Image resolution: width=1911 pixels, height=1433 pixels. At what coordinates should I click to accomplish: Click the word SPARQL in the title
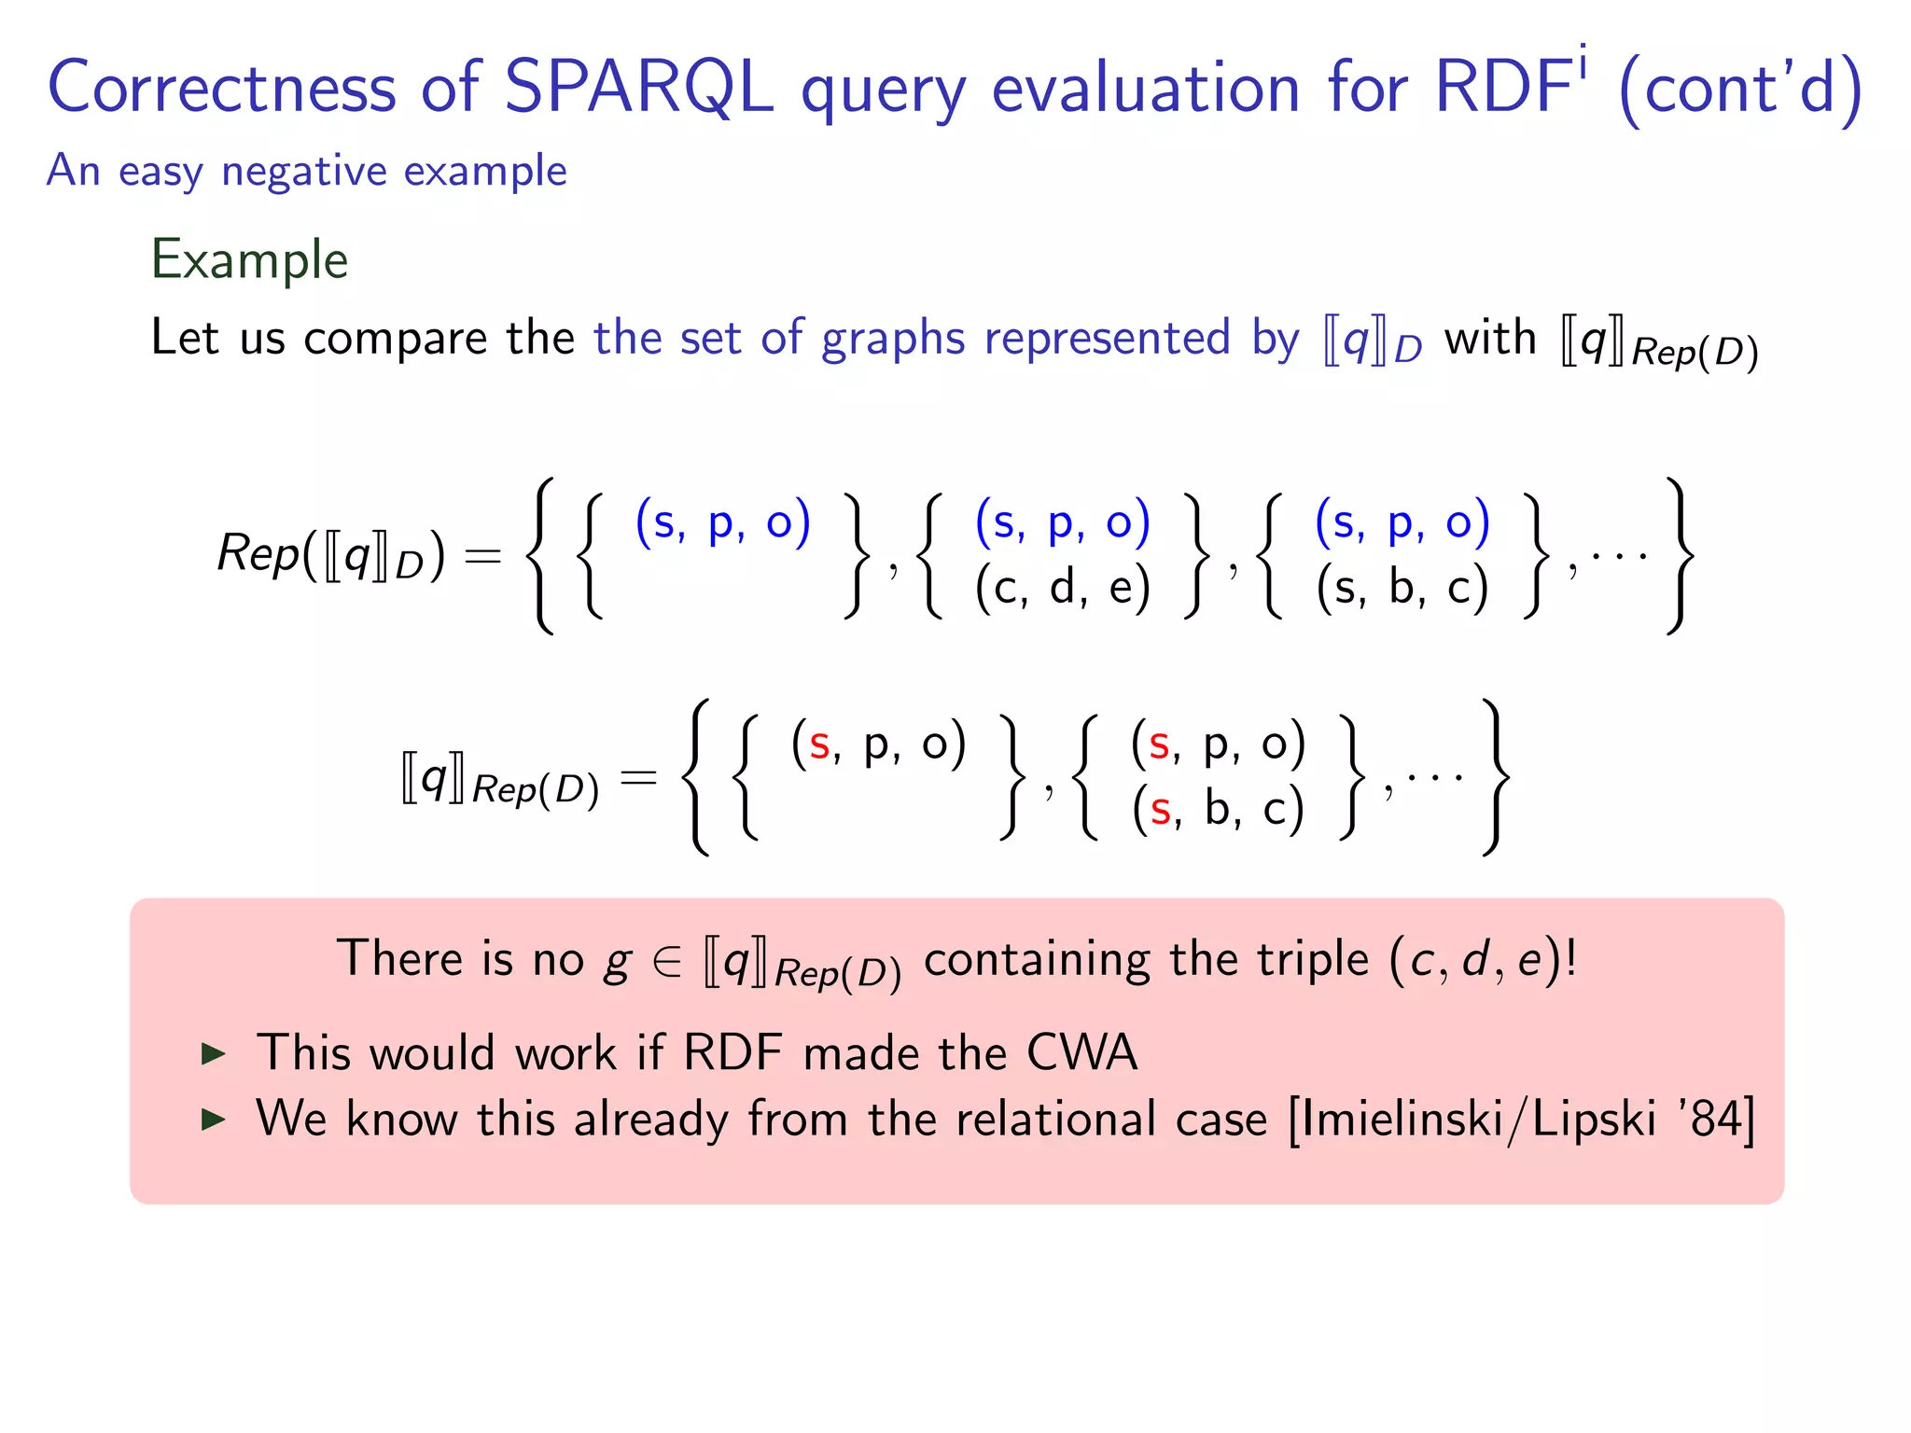638,87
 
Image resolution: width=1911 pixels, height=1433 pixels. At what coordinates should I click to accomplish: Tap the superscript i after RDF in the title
1583,63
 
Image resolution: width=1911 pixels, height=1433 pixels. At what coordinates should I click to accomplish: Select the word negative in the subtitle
303,172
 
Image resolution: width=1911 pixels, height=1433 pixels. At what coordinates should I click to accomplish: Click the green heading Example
249,259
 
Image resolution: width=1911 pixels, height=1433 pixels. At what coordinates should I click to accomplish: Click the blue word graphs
893,338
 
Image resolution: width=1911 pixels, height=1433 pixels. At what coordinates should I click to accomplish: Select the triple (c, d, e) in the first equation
1062,588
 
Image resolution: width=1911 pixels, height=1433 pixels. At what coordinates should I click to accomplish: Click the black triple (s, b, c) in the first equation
1402,588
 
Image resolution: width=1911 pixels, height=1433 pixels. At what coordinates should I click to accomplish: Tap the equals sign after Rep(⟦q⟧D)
482,556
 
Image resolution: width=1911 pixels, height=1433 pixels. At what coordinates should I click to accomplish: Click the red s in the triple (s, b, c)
1160,809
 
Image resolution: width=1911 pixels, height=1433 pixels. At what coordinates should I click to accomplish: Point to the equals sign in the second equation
638,777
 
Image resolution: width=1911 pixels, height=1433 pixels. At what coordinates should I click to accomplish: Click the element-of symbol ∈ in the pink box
667,961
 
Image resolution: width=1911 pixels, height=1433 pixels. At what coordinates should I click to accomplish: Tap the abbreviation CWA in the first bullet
1081,1052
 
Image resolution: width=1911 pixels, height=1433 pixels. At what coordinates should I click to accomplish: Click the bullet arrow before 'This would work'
214,1054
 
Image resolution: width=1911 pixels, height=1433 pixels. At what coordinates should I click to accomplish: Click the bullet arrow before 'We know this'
214,1120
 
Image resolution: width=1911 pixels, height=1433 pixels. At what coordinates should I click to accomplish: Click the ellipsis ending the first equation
1619,557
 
